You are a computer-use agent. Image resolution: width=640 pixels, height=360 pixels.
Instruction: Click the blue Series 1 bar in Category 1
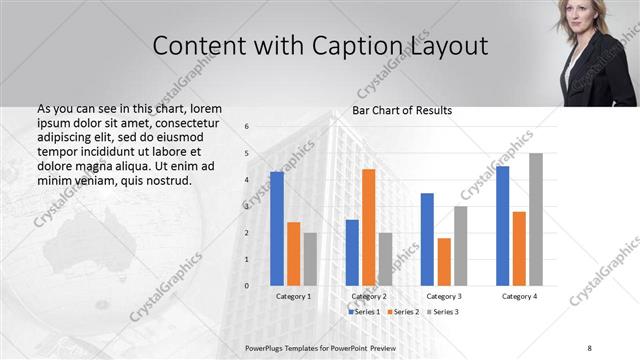(x=277, y=229)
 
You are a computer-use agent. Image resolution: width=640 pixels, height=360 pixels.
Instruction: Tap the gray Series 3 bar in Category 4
(x=536, y=220)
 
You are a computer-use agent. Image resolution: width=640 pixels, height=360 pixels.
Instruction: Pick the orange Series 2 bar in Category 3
(x=444, y=262)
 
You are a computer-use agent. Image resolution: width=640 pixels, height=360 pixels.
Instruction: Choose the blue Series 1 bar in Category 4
(x=502, y=226)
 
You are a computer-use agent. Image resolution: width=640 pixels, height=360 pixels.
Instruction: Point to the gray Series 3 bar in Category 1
(x=310, y=259)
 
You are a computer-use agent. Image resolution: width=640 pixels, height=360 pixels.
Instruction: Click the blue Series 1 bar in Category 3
(x=427, y=239)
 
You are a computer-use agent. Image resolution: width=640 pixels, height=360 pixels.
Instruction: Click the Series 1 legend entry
(x=364, y=312)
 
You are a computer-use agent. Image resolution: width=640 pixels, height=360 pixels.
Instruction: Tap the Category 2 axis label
(x=369, y=296)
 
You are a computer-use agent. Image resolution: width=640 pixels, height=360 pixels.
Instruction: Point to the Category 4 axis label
(x=519, y=296)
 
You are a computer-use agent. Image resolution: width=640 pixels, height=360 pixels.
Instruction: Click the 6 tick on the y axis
(x=246, y=126)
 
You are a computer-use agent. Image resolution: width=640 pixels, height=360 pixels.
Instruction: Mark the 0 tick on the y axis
(x=246, y=286)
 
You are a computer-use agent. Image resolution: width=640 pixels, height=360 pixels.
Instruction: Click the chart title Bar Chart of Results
(x=401, y=110)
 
